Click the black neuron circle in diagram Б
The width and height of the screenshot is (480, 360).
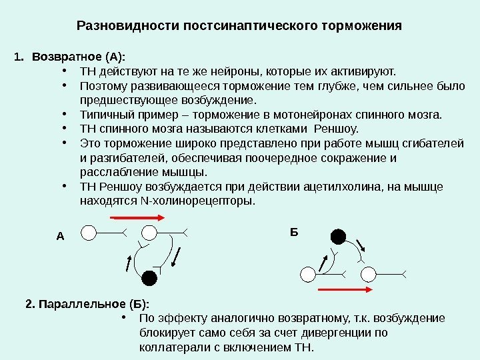(339, 236)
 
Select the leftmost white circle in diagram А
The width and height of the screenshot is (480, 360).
(89, 232)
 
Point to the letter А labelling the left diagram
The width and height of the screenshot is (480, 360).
(59, 236)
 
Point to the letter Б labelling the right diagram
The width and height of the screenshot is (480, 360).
(293, 231)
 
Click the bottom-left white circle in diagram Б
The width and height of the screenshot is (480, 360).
(309, 274)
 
